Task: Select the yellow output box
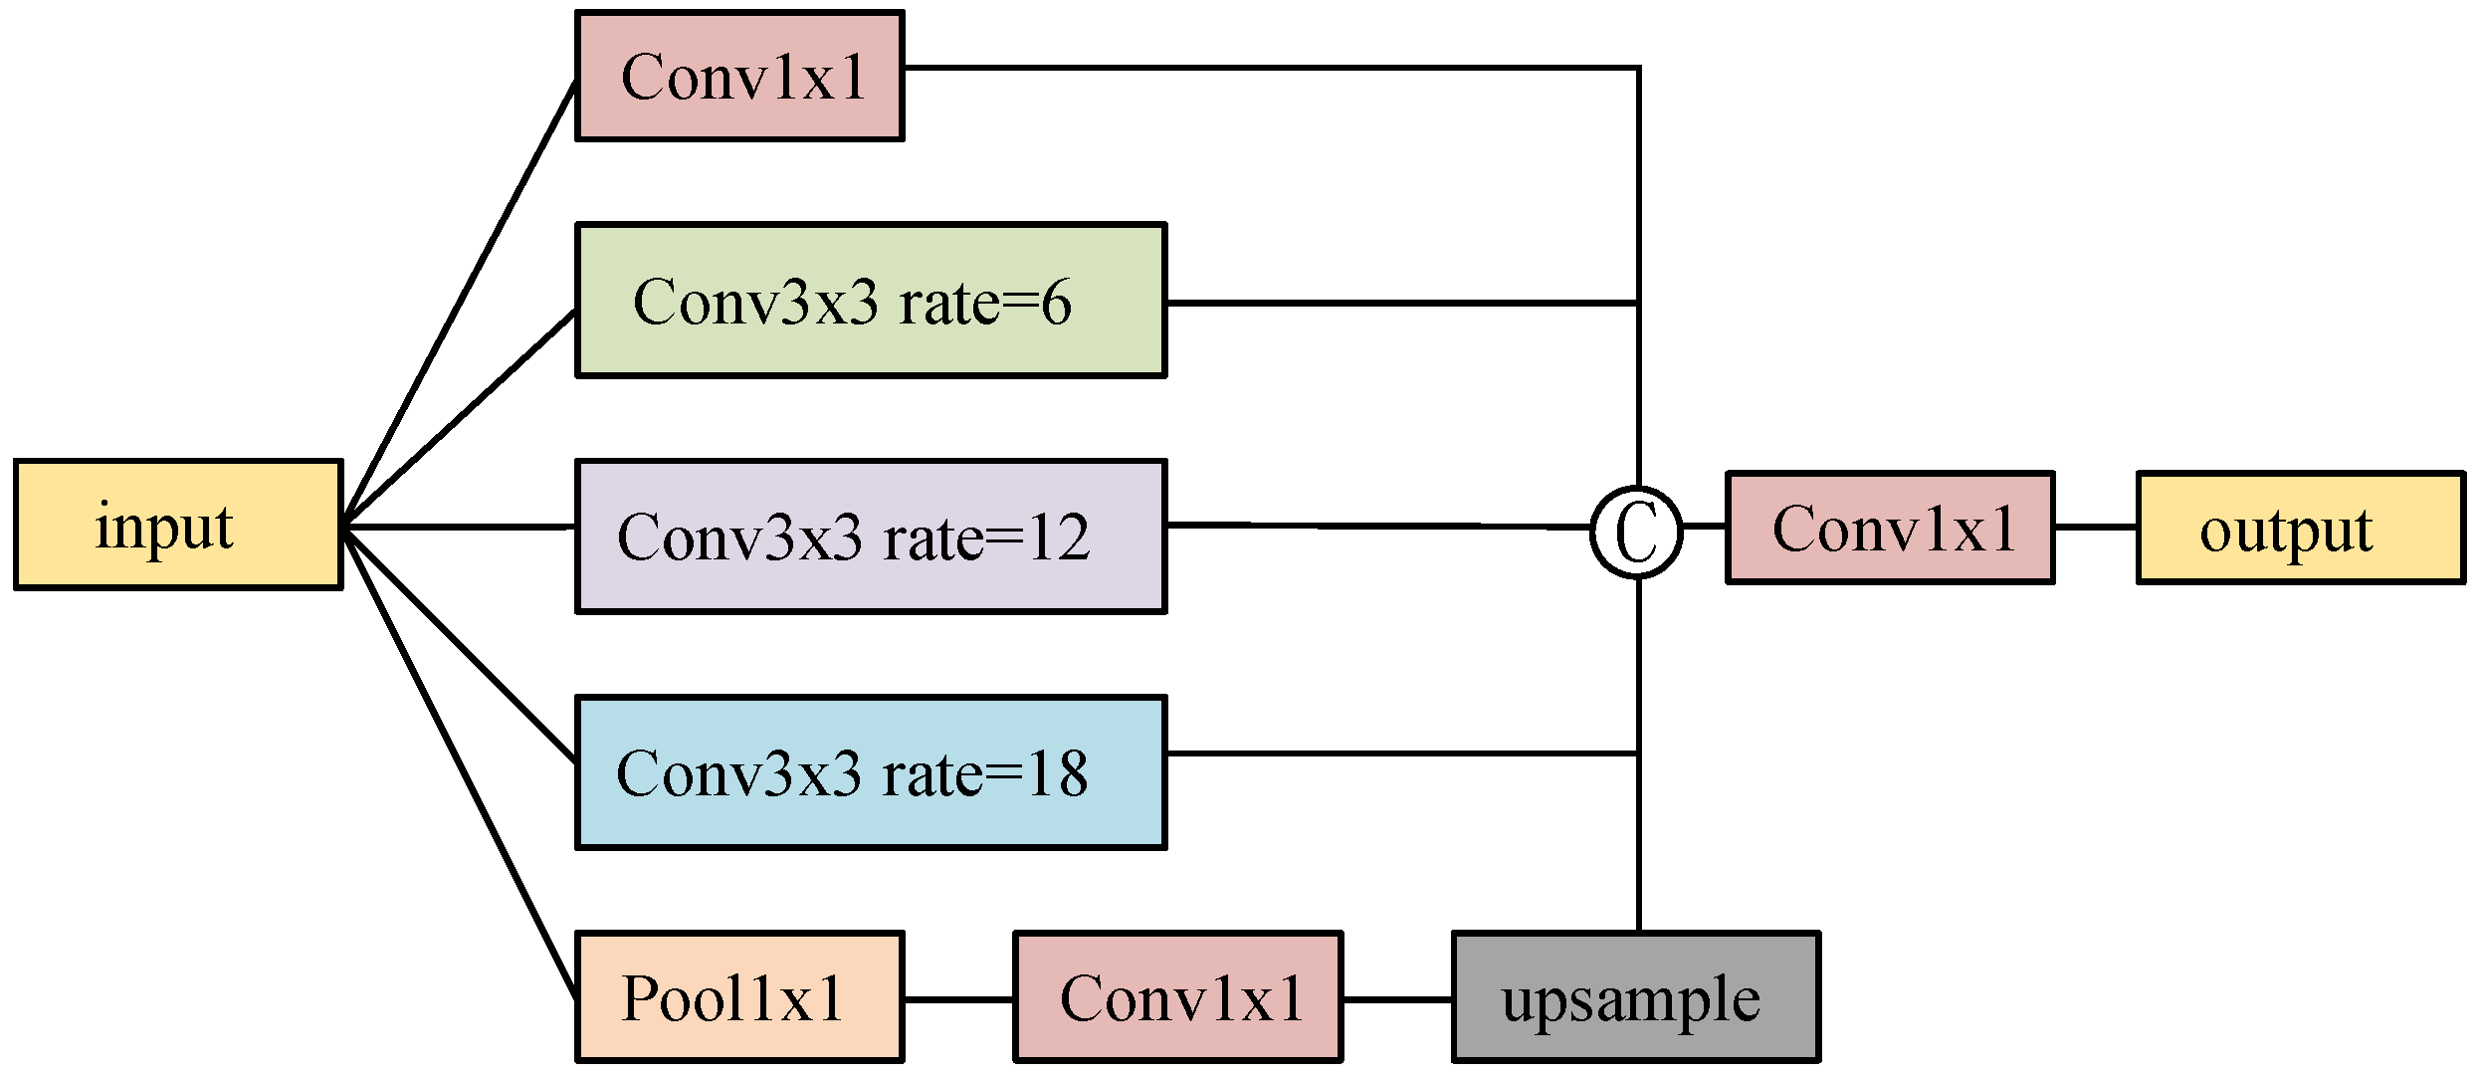[2299, 528]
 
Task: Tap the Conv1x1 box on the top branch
[739, 77]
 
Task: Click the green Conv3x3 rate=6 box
[871, 301]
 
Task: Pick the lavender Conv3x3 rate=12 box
[871, 537]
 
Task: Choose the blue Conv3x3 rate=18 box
[871, 772]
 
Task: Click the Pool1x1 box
[739, 997]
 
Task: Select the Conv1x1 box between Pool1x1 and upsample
[1178, 997]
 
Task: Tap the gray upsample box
[1636, 997]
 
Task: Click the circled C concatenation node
[1637, 532]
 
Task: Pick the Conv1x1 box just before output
[1890, 528]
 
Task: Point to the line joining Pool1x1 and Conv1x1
[958, 998]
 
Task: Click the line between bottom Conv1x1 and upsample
[1397, 998]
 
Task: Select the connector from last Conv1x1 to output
[2095, 528]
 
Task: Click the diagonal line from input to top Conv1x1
[460, 303]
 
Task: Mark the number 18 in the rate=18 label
[1057, 773]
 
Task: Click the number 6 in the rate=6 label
[1056, 303]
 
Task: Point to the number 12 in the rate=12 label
[1059, 538]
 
